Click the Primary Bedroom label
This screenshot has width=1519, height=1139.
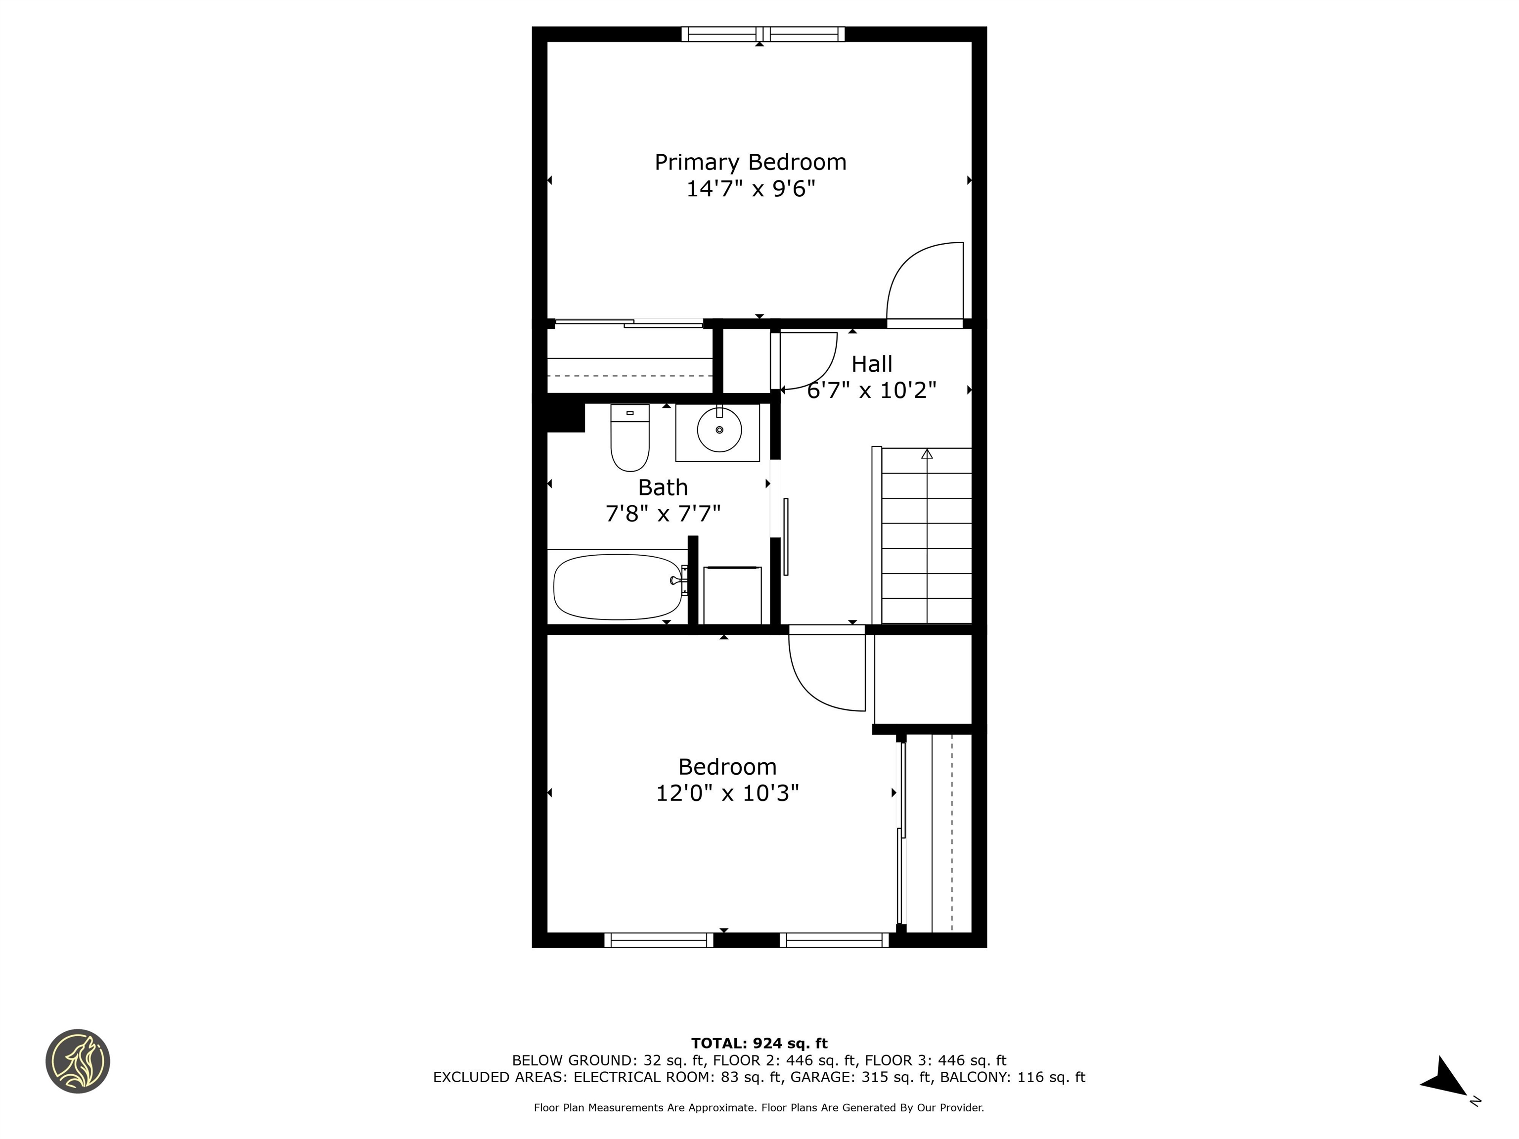750,162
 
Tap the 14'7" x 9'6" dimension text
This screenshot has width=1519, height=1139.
750,189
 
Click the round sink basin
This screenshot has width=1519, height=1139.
719,430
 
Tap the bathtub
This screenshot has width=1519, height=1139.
617,587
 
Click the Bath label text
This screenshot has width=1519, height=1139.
663,487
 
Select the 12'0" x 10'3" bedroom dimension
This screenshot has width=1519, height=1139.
727,793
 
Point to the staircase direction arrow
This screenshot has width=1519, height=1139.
927,454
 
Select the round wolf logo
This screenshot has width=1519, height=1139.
78,1061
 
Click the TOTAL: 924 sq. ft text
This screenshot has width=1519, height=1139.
759,1044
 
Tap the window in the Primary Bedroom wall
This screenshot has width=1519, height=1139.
763,34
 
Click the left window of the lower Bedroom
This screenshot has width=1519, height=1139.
659,941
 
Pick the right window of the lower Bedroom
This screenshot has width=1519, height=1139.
834,941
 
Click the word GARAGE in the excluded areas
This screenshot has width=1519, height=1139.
823,1077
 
